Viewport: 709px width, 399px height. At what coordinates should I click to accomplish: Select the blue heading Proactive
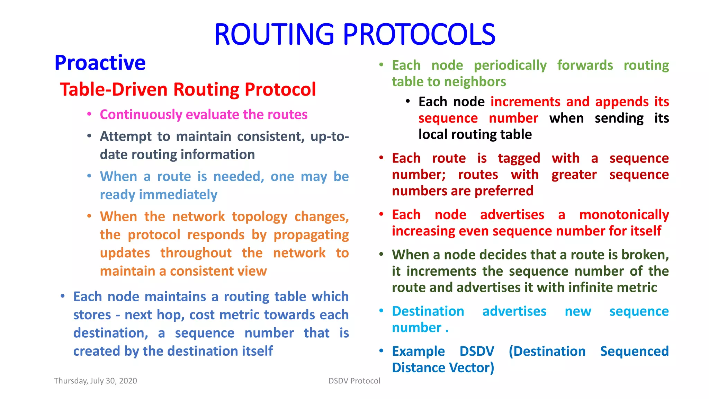point(100,63)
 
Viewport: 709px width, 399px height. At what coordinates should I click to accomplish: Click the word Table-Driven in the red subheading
point(114,89)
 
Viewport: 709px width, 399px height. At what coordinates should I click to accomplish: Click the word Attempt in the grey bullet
point(126,137)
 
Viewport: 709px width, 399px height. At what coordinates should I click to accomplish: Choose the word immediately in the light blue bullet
point(178,195)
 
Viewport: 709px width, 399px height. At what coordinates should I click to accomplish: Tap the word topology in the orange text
point(260,217)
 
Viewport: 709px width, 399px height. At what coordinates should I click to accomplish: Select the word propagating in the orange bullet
point(311,235)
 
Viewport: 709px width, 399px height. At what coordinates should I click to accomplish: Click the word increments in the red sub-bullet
point(525,102)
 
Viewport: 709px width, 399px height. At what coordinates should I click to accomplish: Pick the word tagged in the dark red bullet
point(519,159)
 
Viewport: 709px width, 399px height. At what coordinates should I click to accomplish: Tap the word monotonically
point(624,215)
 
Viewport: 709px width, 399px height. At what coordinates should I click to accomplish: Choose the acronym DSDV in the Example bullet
point(477,351)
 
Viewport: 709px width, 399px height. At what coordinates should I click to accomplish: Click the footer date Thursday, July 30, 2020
point(96,381)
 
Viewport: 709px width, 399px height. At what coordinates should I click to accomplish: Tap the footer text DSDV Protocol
point(354,381)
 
